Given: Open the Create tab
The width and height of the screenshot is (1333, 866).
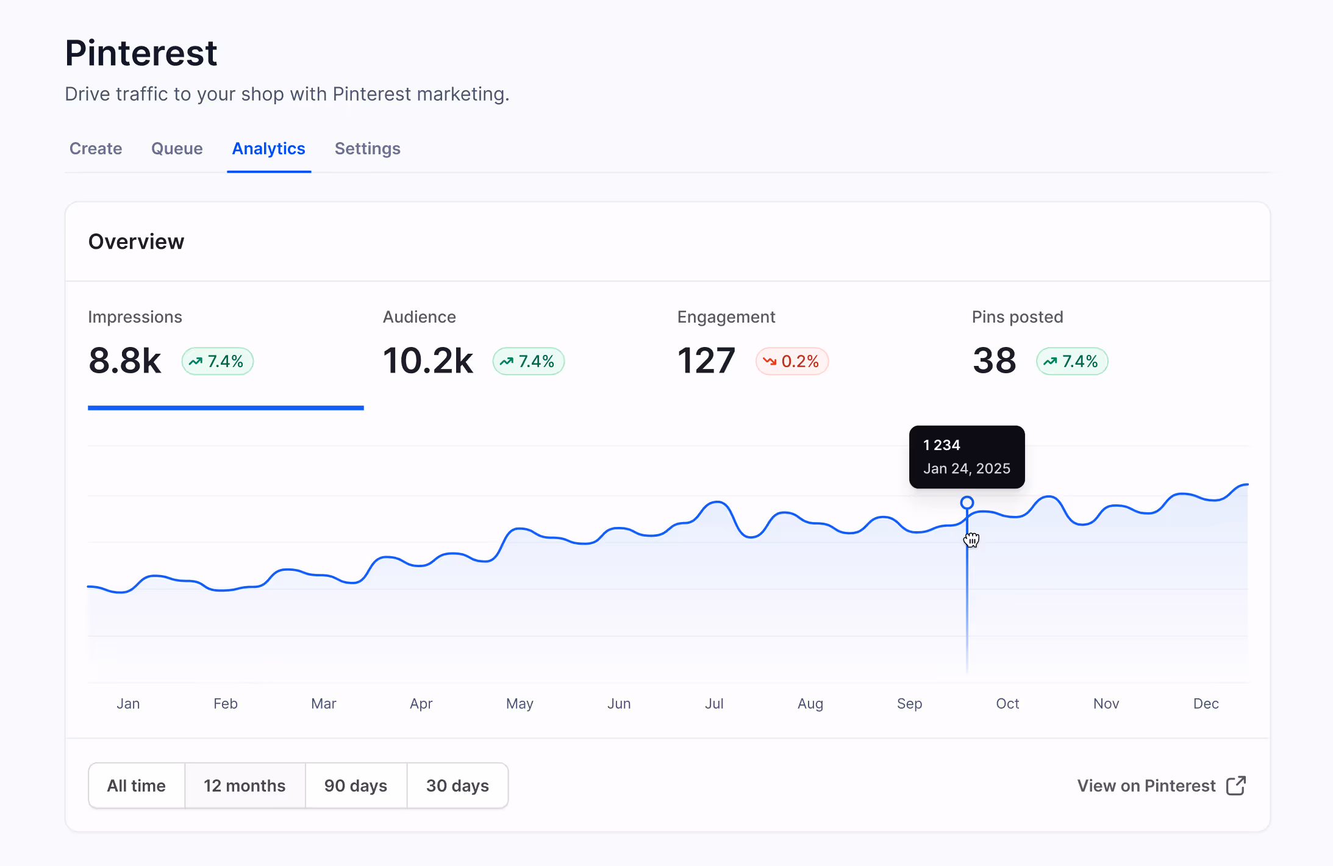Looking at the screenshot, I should pos(96,149).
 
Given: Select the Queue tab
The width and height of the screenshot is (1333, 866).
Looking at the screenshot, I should pos(177,149).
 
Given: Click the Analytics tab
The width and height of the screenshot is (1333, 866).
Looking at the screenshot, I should pos(268,149).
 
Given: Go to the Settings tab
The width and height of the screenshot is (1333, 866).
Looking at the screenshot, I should pos(367,149).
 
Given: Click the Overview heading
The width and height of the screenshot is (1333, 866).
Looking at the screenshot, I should pos(136,242).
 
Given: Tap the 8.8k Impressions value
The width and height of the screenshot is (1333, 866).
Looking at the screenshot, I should pos(125,360).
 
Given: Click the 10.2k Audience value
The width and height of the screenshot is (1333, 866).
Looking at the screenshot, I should pos(427,360).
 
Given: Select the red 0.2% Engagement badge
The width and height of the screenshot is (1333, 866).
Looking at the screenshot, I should pos(792,361).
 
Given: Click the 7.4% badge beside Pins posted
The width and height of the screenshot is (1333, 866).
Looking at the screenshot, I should pos(1071,361).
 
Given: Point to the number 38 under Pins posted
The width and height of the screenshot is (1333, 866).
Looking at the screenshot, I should pos(994,360).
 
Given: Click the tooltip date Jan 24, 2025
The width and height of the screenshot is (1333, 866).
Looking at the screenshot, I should pos(967,468).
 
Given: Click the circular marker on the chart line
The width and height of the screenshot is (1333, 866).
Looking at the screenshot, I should pos(967,503).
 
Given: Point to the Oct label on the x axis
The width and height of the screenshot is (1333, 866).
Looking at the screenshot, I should pos(1007,703).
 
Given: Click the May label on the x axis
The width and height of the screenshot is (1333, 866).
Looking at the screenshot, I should pos(520,703).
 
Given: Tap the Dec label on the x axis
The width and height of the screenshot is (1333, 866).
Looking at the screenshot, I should pos(1206,703).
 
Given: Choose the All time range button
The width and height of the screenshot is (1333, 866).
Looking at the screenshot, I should pos(137,785).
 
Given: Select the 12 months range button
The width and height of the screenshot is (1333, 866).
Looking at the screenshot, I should pos(245,785).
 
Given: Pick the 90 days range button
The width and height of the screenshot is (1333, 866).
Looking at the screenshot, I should pos(356,785).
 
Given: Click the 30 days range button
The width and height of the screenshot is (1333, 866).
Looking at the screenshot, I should pos(457,785).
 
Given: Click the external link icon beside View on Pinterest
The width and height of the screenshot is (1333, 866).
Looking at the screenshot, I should pos(1235,785).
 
